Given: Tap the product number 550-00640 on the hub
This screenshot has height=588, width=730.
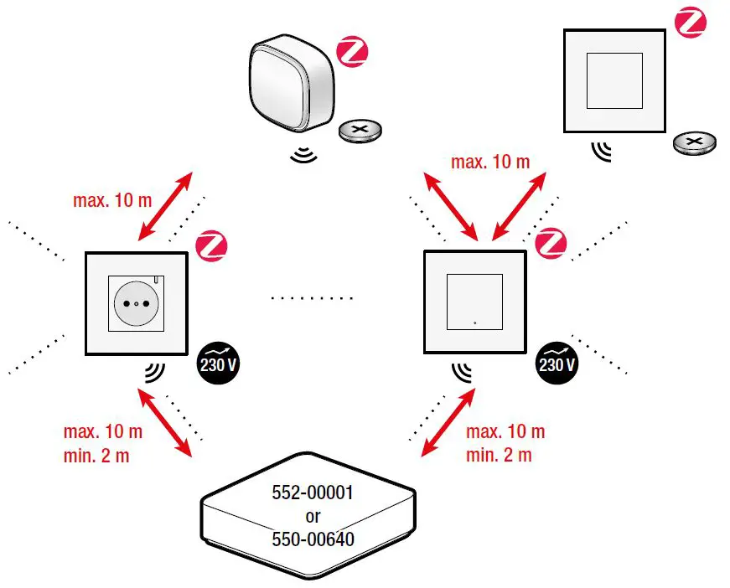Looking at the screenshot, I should [x=313, y=539].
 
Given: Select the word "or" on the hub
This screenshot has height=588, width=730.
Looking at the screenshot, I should [x=313, y=517].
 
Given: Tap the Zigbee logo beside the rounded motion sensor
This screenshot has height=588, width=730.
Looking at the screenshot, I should [x=352, y=52].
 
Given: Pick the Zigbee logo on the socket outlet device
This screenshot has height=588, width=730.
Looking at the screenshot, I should [x=211, y=245].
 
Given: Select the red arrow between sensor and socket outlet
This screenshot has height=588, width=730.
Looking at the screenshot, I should [x=166, y=206].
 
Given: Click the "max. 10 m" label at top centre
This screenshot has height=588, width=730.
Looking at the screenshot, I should [x=490, y=162].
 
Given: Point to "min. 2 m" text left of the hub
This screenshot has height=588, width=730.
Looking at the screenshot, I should [x=97, y=456].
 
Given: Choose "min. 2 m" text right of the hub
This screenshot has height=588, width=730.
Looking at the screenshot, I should [x=500, y=456].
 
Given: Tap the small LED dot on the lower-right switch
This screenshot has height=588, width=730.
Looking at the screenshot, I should [x=474, y=322].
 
